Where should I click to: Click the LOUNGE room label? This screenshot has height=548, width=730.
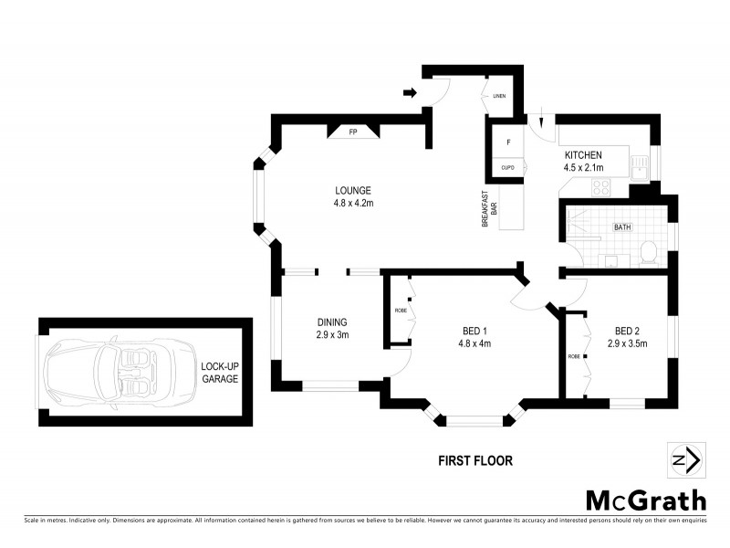tap(351, 190)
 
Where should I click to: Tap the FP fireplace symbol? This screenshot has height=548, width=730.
tap(353, 132)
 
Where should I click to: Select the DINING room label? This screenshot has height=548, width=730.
tap(332, 321)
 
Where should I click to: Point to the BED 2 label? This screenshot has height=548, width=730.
tap(627, 331)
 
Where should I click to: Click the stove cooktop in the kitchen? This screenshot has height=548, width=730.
tap(602, 187)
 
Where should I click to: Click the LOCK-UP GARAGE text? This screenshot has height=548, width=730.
tap(219, 373)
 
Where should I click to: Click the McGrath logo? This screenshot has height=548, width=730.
tap(645, 501)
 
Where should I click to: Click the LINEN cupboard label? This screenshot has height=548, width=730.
tap(499, 96)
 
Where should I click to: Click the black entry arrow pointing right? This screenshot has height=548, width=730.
tap(410, 92)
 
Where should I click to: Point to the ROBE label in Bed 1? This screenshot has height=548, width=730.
tap(401, 311)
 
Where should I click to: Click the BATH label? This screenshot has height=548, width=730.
tap(622, 227)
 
